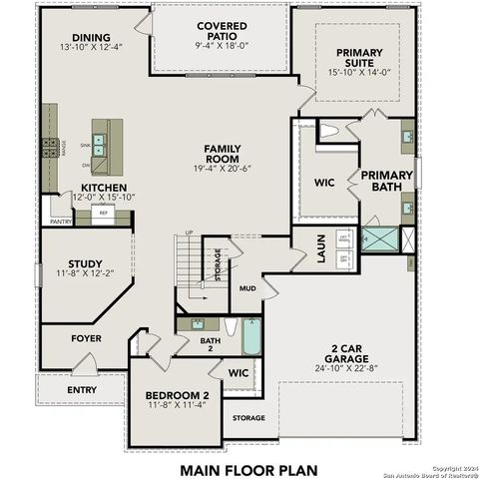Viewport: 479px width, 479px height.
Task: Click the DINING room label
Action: pyautogui.click(x=91, y=38)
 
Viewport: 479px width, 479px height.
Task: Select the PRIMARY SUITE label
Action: pyautogui.click(x=358, y=59)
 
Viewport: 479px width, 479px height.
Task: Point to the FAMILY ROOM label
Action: pyautogui.click(x=223, y=155)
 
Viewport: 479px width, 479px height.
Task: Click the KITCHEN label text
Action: pyautogui.click(x=104, y=188)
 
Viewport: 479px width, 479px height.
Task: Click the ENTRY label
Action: pyautogui.click(x=82, y=389)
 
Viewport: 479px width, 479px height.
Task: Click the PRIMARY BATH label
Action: pyautogui.click(x=380, y=181)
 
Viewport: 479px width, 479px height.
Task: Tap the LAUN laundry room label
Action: pyautogui.click(x=322, y=249)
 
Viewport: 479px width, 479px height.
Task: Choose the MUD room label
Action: pyautogui.click(x=247, y=288)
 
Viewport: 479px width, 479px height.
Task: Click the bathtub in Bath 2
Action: pyautogui.click(x=250, y=336)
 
